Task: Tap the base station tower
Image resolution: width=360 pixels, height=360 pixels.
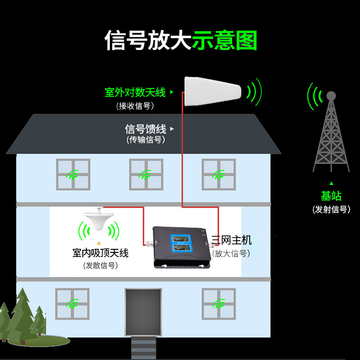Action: [x=331, y=135]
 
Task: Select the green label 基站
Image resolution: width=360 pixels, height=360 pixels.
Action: [x=331, y=196]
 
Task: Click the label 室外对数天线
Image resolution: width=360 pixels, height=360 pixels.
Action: [x=135, y=93]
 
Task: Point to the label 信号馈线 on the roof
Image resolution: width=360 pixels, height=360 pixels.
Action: [x=145, y=129]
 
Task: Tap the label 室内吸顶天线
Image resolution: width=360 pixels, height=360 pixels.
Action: [x=100, y=253]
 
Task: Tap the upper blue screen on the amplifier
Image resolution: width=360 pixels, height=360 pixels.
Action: [x=183, y=240]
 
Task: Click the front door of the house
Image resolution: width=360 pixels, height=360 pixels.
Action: [x=143, y=312]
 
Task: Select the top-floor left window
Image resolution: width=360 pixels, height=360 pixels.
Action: [x=73, y=174]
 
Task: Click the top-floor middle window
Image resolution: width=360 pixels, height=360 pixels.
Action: [x=146, y=174]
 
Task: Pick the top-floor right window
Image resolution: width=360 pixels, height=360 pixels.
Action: [x=219, y=174]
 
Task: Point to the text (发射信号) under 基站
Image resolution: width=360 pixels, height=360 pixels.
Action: [x=331, y=209]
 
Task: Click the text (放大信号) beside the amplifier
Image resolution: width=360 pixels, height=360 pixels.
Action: [x=231, y=253]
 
